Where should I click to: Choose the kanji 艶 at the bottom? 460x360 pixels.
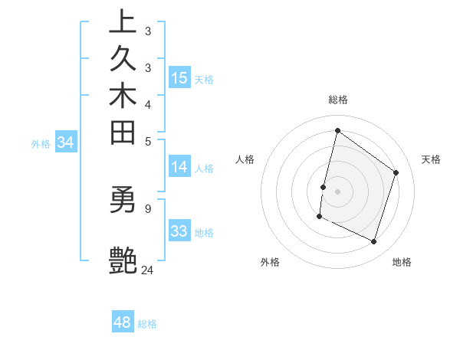[x=123, y=260]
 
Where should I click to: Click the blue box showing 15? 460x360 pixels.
[x=179, y=77]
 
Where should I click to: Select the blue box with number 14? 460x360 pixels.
[x=179, y=168]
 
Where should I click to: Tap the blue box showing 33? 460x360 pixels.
[x=179, y=231]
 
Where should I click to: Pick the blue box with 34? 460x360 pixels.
[x=66, y=142]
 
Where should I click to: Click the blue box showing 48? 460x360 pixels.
[x=123, y=322]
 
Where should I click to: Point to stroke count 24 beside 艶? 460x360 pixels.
[x=147, y=270]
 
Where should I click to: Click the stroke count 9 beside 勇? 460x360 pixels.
[x=148, y=207]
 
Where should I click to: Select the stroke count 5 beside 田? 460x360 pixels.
[x=148, y=140]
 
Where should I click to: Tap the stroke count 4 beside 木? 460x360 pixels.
[x=148, y=103]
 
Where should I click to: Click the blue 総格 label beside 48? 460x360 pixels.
[x=147, y=324]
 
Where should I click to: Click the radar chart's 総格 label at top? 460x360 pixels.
[x=337, y=100]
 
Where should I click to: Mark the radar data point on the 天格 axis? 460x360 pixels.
[x=396, y=172]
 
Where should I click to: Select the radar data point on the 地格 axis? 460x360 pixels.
[x=374, y=242]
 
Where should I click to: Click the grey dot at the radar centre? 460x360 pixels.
[x=337, y=191]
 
